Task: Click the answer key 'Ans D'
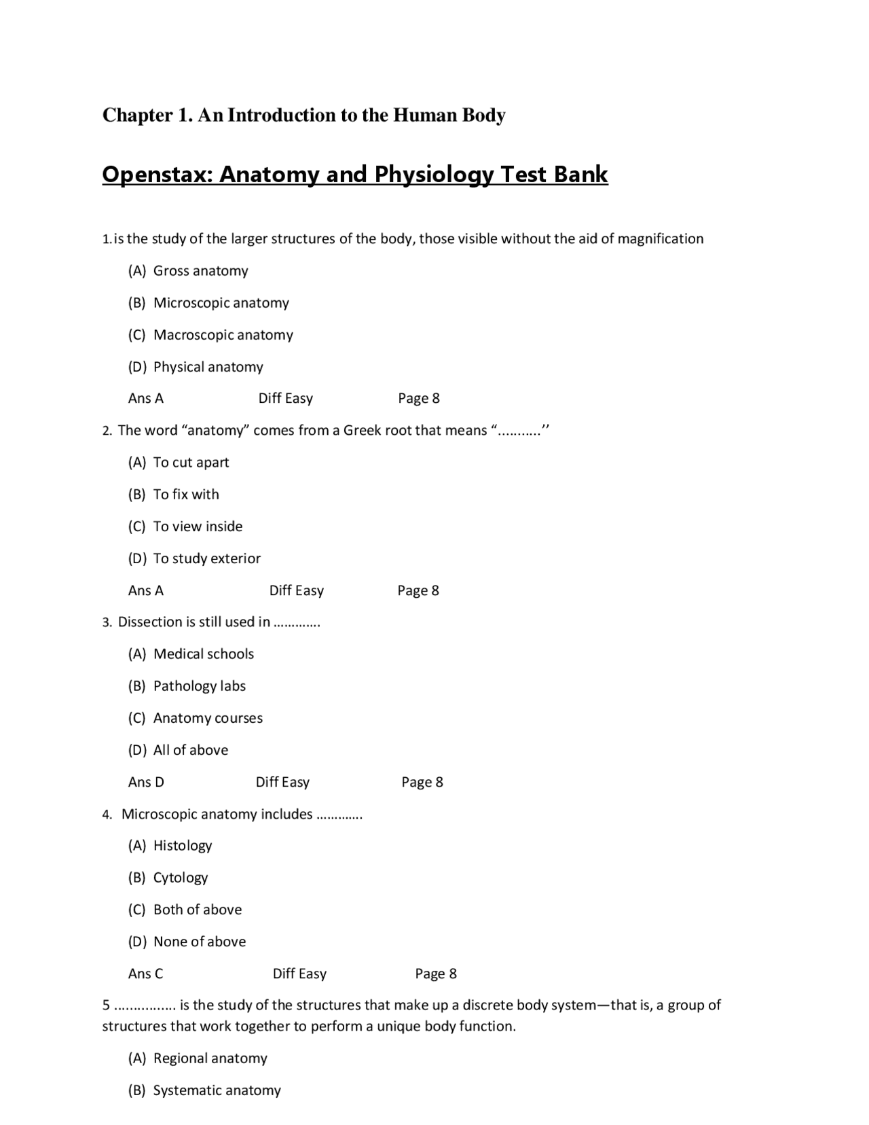146,782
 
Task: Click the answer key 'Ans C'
145,974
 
